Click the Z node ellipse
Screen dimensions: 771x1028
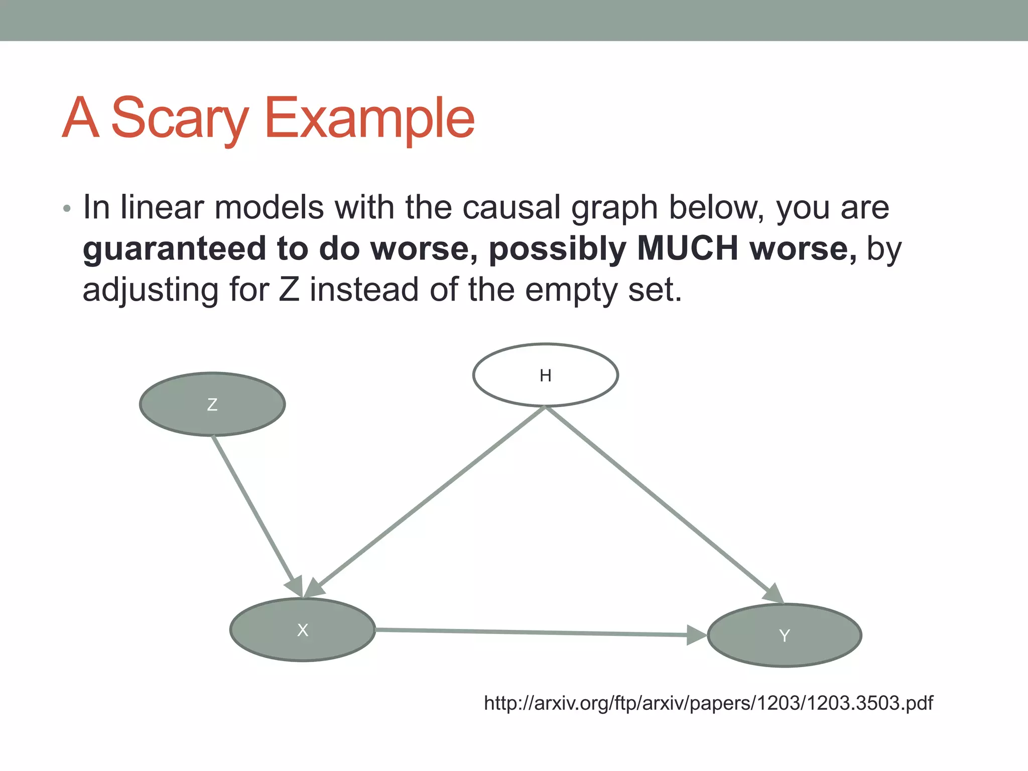(x=212, y=404)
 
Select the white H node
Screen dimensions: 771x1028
(x=545, y=375)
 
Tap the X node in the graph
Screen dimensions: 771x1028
(x=302, y=630)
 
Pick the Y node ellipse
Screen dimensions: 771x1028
(x=784, y=635)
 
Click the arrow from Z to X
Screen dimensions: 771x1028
(x=256, y=515)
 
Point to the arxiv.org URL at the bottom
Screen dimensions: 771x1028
(x=708, y=703)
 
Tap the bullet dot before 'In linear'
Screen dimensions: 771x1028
(x=67, y=209)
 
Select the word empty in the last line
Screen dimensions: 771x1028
(x=571, y=291)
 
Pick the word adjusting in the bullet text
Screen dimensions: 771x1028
(x=151, y=291)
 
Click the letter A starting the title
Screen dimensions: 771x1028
(x=80, y=118)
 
